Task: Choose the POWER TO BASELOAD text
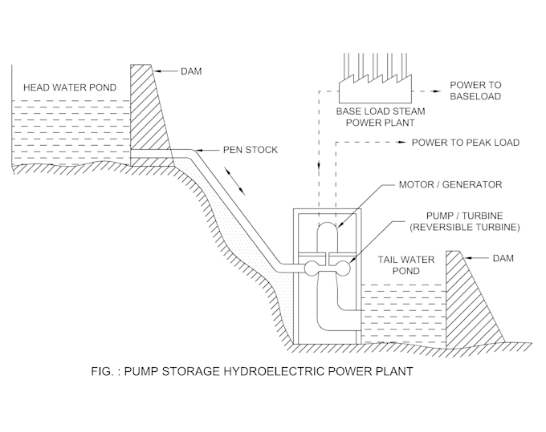tap(475, 91)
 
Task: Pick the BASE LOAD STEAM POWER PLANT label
tap(381, 117)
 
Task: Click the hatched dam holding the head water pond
tap(152, 112)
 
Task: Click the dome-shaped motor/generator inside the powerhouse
tap(327, 236)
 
